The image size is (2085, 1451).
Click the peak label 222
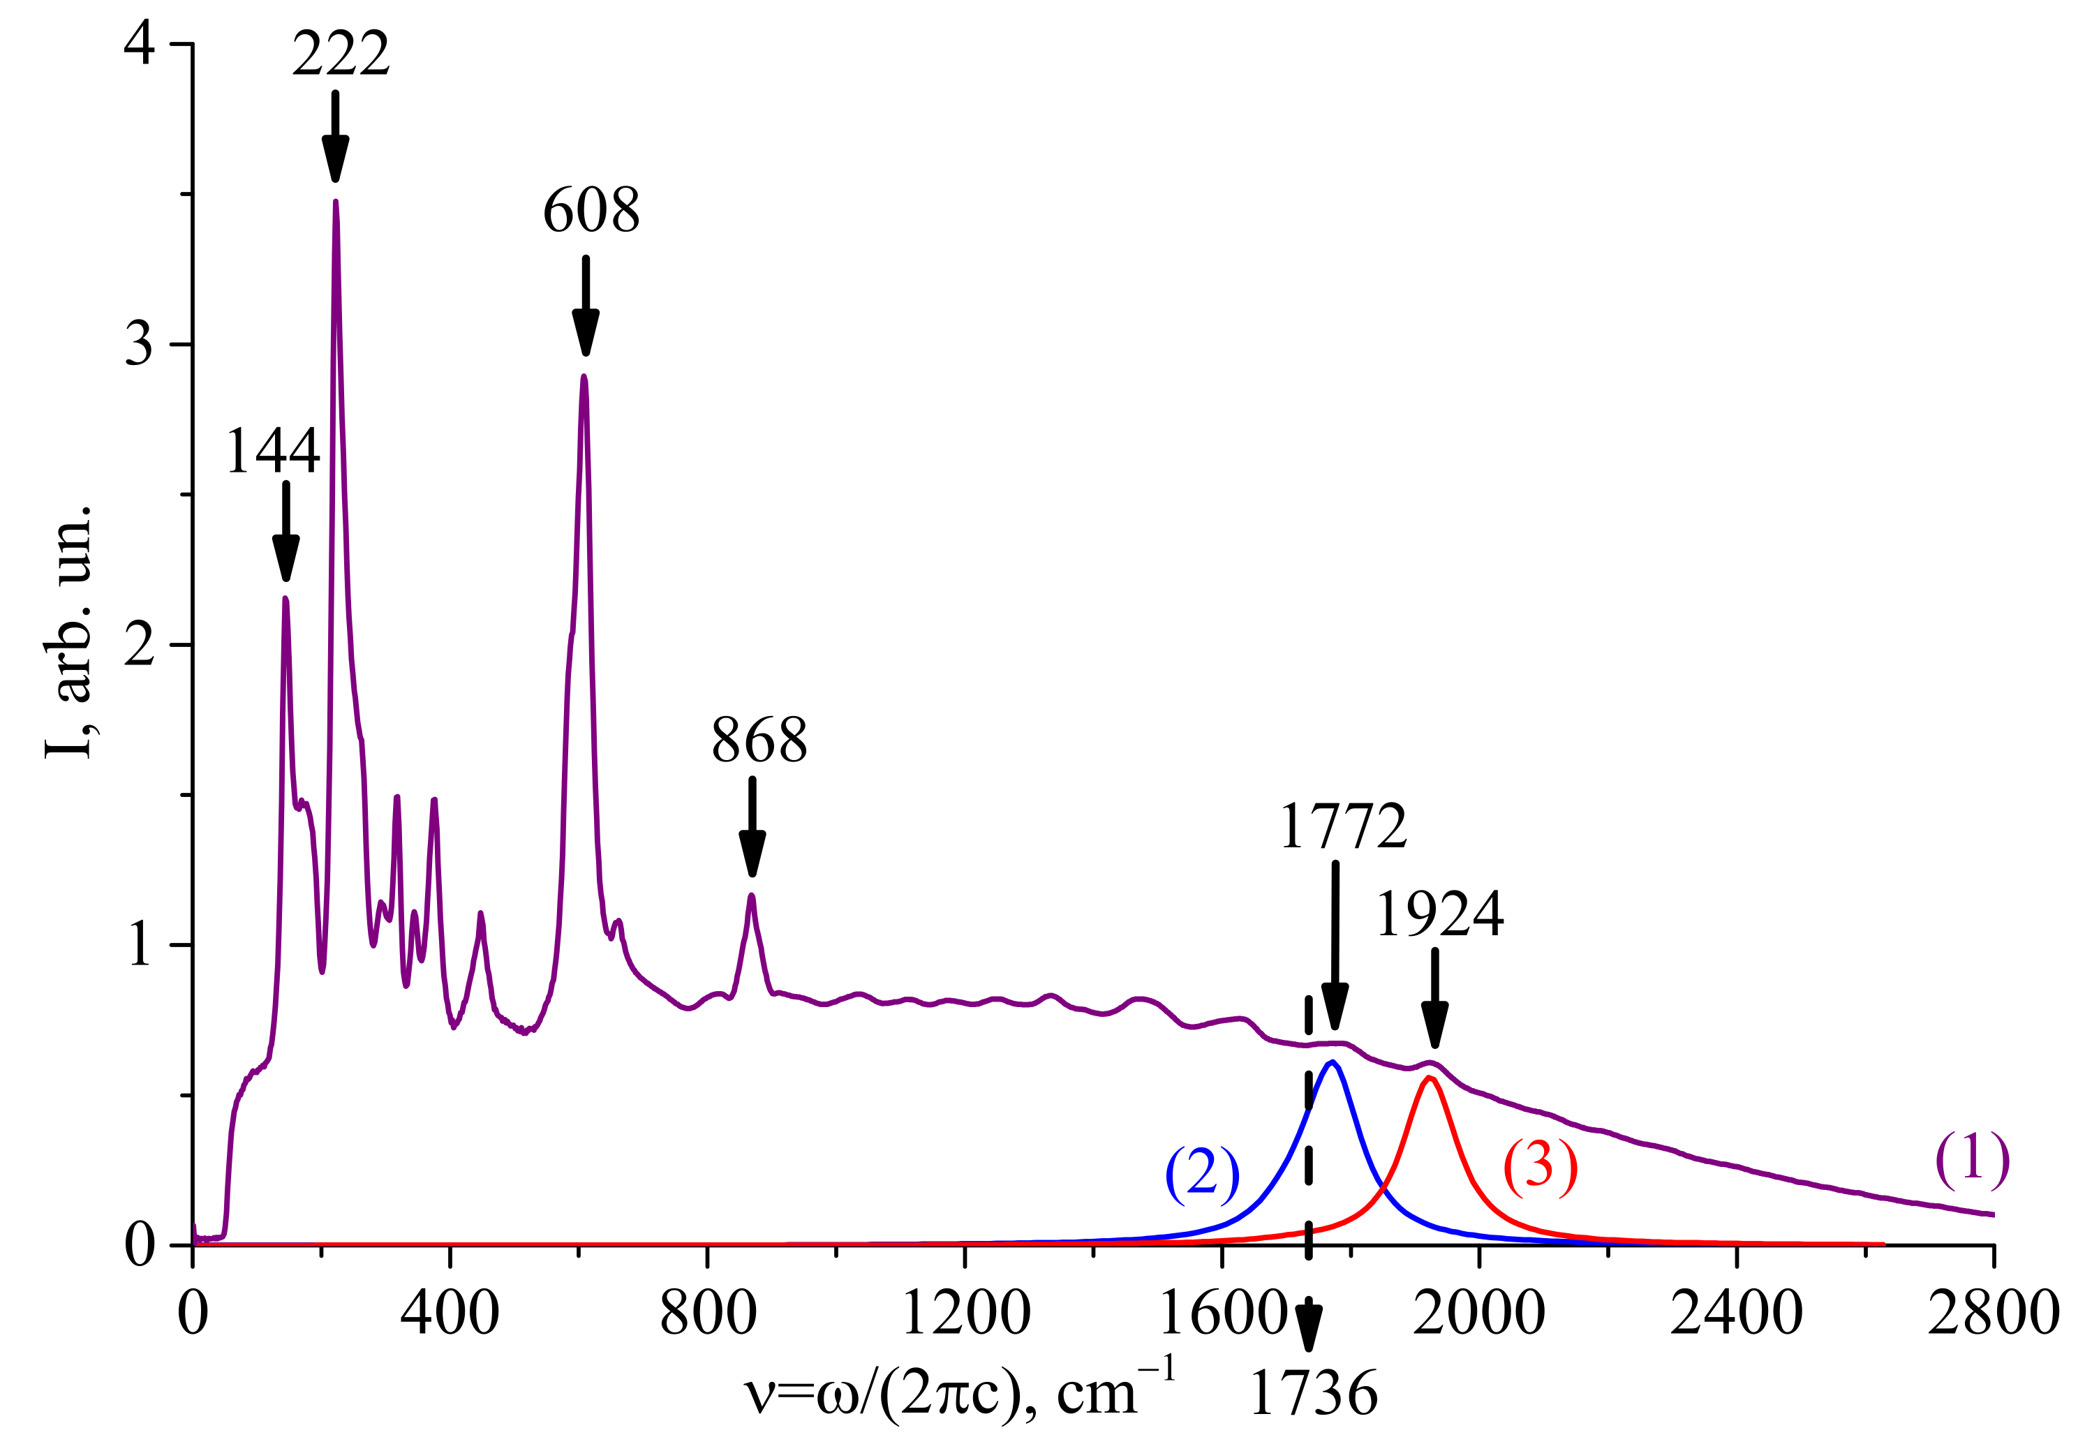click(341, 54)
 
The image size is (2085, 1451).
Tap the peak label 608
click(591, 211)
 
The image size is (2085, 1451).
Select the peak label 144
click(272, 452)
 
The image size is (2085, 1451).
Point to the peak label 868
click(759, 741)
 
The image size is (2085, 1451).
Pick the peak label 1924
click(1440, 914)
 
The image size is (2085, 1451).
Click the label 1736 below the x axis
click(1313, 1394)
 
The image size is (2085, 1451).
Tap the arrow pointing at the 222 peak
click(336, 136)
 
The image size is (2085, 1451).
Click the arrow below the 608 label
click(586, 306)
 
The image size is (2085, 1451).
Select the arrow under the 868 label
click(752, 826)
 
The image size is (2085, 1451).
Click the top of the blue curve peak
click(1333, 1062)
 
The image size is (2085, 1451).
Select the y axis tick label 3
click(139, 345)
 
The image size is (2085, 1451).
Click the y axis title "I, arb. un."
click(69, 631)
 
